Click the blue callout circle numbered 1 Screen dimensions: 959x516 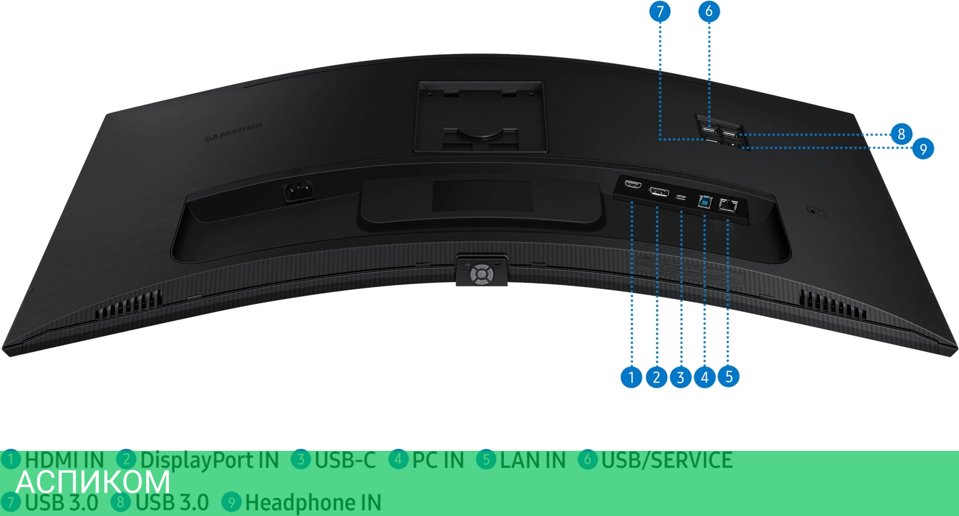tap(631, 377)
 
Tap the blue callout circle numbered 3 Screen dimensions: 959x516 tap(680, 377)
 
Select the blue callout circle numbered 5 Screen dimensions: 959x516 tap(729, 376)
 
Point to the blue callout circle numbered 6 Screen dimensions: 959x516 tap(709, 11)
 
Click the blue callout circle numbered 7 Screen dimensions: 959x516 tap(660, 11)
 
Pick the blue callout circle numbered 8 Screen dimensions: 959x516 tap(901, 134)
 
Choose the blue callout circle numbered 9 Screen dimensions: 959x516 tap(923, 148)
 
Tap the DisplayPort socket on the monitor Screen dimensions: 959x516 tap(659, 192)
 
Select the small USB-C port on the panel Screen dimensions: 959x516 tap(681, 197)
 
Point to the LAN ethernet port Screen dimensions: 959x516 tap(728, 206)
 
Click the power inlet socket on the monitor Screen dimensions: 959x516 tap(298, 192)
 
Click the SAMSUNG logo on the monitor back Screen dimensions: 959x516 tap(233, 131)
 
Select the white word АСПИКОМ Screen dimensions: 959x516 tap(93, 481)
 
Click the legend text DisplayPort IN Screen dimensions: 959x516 tap(209, 460)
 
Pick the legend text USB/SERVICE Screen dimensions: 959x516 tap(666, 460)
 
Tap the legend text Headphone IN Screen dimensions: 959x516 tap(312, 502)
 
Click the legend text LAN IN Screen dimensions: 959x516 tap(532, 460)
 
